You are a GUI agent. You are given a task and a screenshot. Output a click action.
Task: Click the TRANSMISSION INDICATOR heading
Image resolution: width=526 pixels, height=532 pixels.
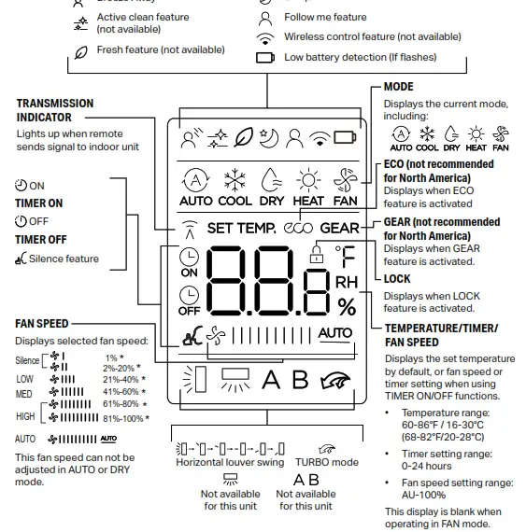(x=55, y=110)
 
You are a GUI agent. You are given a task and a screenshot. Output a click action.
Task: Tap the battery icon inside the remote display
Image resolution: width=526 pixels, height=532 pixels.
(x=345, y=138)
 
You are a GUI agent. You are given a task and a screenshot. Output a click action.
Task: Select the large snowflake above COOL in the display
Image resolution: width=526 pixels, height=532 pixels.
(x=235, y=179)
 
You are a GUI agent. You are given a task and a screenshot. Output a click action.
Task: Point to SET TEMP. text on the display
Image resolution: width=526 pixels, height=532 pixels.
(x=241, y=228)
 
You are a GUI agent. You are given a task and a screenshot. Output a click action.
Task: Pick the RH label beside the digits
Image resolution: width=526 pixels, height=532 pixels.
(x=346, y=281)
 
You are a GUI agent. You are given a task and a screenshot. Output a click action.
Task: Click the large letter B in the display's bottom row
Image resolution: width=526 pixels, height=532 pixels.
(x=299, y=379)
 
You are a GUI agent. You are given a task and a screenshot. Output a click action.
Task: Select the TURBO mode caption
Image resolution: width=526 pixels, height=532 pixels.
(x=326, y=462)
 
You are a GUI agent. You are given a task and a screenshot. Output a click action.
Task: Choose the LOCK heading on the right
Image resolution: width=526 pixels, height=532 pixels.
(x=398, y=278)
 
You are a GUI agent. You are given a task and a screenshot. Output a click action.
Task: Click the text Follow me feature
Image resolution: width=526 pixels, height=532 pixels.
(x=325, y=18)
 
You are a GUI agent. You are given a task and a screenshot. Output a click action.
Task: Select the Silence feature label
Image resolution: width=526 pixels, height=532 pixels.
(x=64, y=259)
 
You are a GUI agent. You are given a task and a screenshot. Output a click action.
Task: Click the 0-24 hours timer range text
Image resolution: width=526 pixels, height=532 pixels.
(x=426, y=466)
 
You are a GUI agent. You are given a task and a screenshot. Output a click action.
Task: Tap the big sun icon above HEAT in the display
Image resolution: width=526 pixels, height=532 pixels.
(x=307, y=179)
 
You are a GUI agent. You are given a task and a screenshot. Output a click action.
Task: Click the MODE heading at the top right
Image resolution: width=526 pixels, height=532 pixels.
(x=398, y=87)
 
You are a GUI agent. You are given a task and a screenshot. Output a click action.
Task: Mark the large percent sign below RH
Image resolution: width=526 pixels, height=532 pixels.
(x=347, y=305)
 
